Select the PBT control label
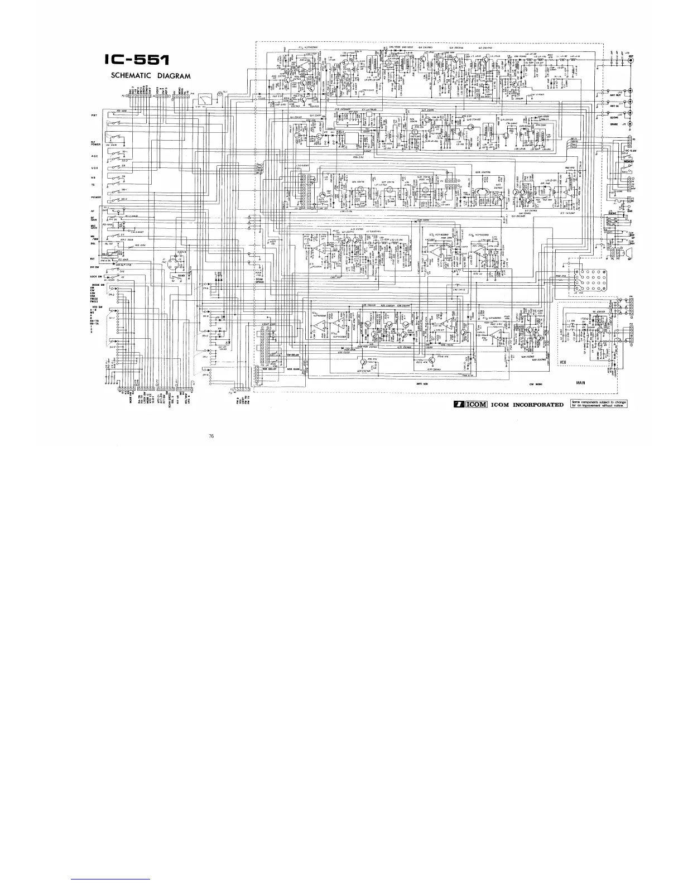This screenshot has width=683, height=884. [x=95, y=116]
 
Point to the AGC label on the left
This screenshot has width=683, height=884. [x=95, y=156]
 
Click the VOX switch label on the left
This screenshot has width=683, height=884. [x=95, y=169]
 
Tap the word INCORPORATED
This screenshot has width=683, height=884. [x=537, y=404]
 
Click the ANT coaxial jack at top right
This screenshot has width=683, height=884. [x=632, y=59]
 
